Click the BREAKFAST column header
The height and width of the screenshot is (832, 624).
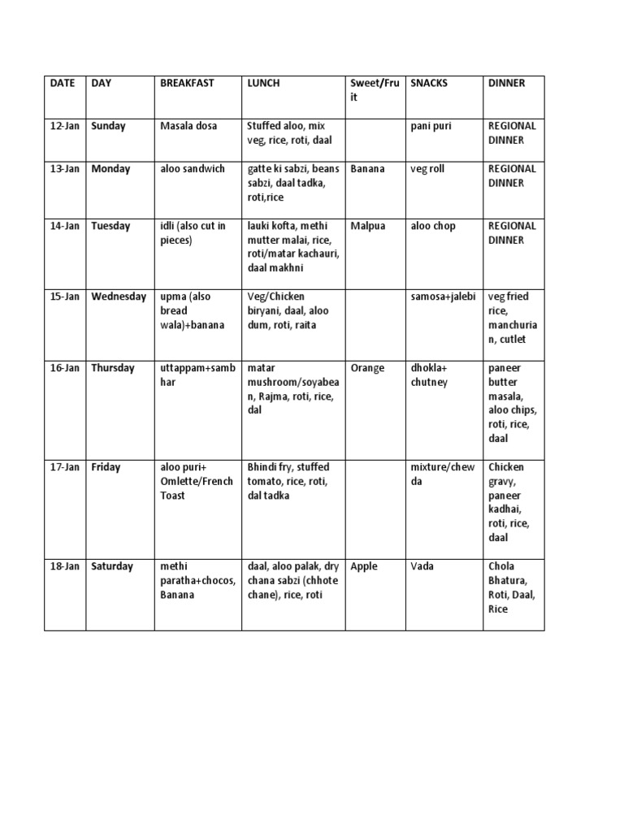click(x=188, y=84)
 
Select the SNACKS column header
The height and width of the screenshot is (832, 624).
click(x=429, y=84)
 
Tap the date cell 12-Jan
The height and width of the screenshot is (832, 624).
click(x=65, y=126)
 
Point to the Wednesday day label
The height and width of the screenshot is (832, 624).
click(x=119, y=297)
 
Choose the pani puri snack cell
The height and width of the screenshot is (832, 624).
click(x=431, y=126)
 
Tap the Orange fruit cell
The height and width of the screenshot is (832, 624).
click(x=368, y=368)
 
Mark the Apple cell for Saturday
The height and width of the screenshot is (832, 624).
click(x=364, y=566)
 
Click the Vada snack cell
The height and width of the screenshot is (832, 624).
click(x=423, y=566)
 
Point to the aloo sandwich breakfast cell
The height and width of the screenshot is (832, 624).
click(x=193, y=169)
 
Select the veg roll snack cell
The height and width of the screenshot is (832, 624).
click(x=427, y=169)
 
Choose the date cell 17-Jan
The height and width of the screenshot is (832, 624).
click(x=65, y=467)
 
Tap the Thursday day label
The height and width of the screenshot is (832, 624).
click(x=113, y=368)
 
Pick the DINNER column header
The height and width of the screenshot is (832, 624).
click(x=506, y=84)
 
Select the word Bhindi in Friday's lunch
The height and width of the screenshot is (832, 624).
click(x=263, y=467)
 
